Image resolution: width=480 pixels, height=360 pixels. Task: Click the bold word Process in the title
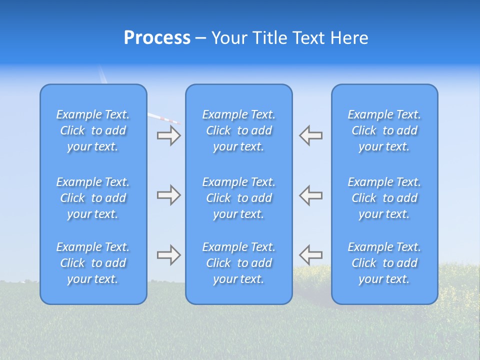157,38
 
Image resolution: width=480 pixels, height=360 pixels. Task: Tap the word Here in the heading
349,38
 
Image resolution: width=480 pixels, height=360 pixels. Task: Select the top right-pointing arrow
169,135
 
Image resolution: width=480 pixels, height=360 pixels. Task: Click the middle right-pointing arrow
169,195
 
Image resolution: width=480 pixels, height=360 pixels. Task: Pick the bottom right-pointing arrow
169,255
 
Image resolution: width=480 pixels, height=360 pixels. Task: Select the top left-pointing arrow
311,135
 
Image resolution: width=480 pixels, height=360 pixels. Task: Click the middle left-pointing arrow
311,195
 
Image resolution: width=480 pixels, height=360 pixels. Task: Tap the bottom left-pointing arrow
311,255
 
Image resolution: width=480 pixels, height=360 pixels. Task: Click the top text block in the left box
93,130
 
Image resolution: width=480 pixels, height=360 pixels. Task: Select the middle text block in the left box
93,198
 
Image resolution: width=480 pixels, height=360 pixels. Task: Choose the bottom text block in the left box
93,263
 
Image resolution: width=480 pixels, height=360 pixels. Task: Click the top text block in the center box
239,130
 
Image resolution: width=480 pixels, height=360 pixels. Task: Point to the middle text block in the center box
239,198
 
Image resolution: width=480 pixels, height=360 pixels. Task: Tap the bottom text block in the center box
239,263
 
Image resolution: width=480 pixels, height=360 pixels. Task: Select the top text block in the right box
384,130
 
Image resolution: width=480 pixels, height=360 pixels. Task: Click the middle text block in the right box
384,198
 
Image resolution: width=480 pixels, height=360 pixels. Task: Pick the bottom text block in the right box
384,263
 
